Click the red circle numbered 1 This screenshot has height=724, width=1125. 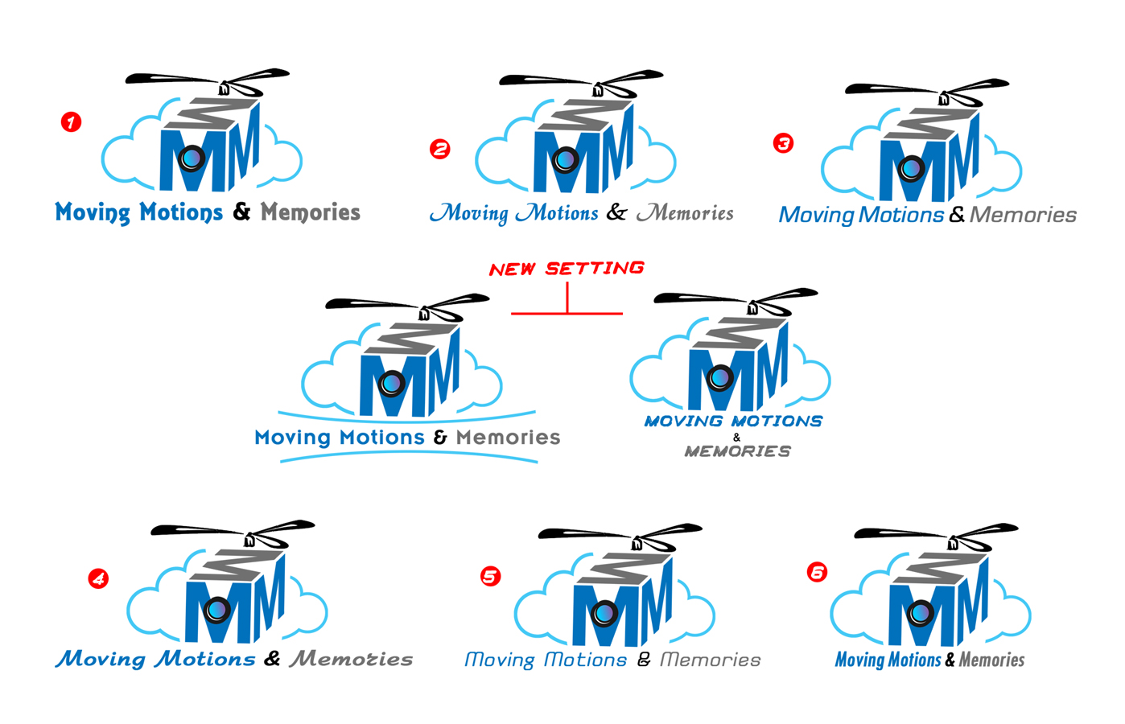72,122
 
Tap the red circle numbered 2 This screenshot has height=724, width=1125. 440,149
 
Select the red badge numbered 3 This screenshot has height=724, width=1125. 783,143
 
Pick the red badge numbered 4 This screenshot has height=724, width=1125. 98,578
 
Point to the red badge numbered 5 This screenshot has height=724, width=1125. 490,576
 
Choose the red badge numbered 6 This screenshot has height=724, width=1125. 817,572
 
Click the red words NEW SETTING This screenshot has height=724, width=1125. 567,269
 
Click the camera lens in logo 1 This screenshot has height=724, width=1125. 192,158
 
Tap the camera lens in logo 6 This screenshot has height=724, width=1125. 921,614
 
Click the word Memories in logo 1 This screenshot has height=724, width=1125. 310,212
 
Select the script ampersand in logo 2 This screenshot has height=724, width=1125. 616,212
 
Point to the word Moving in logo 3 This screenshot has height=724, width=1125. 816,216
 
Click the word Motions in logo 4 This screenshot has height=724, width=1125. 205,659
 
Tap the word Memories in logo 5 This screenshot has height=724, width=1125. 710,660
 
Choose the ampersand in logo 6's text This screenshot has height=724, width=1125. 950,660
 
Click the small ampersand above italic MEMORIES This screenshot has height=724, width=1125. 736,437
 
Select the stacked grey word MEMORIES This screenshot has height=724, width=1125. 737,451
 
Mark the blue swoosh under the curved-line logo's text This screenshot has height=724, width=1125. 409,457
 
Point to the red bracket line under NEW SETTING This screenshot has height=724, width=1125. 567,312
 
